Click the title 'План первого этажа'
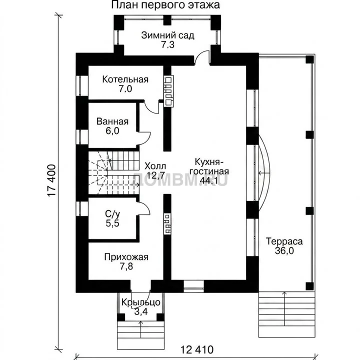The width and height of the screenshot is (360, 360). point(165,5)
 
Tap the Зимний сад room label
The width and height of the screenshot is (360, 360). point(167,35)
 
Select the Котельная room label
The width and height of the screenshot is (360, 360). point(125,79)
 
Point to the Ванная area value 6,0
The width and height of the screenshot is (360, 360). point(112,131)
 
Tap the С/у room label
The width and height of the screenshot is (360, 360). point(112,214)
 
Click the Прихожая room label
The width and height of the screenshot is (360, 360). point(126,257)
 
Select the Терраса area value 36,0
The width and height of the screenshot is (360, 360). point(284,250)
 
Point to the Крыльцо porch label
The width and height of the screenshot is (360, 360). point(140,302)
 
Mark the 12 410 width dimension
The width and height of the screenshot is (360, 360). point(197,350)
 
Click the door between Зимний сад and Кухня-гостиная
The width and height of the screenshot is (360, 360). point(202,57)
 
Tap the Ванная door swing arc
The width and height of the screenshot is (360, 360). point(144,138)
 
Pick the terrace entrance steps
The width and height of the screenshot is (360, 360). point(287,314)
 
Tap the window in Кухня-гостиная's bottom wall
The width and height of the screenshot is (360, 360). point(194,286)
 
